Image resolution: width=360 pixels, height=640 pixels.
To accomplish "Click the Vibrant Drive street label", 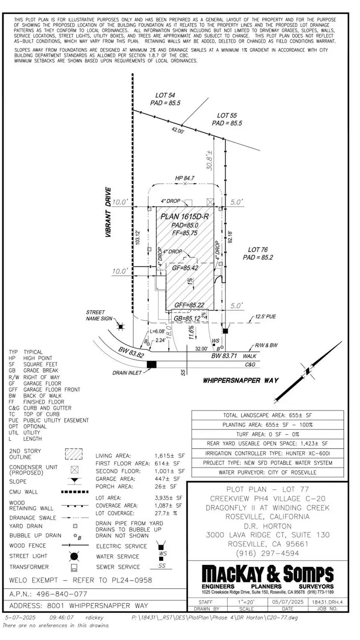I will coord(108,212).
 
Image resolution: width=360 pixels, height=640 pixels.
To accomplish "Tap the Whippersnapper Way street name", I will coord(240,380).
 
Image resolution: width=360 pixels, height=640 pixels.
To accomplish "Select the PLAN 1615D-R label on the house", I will coord(184,217).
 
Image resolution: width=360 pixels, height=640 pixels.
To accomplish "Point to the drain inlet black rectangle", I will coord(151,364).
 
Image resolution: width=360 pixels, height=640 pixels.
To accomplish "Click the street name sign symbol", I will coord(120,327).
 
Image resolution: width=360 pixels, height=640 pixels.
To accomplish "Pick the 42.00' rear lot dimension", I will coord(178,131).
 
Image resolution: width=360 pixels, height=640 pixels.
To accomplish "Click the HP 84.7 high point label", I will coord(184,178).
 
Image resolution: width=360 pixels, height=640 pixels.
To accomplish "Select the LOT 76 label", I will coord(258,250).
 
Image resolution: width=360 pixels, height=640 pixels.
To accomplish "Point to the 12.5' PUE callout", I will coord(265,317).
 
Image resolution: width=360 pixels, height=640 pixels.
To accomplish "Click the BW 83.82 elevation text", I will coord(131,352).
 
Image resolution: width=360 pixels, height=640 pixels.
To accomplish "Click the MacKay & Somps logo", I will coord(267,574).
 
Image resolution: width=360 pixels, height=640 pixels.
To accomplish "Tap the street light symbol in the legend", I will coord(74,556).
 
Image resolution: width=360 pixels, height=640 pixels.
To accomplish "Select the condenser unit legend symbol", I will coord(74,470).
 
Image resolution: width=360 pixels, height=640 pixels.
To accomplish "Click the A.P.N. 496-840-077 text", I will coord(48,594).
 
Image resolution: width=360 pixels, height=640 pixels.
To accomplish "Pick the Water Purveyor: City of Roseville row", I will coord(267,472).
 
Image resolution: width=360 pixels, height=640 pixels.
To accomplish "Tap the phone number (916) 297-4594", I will coord(267,553).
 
